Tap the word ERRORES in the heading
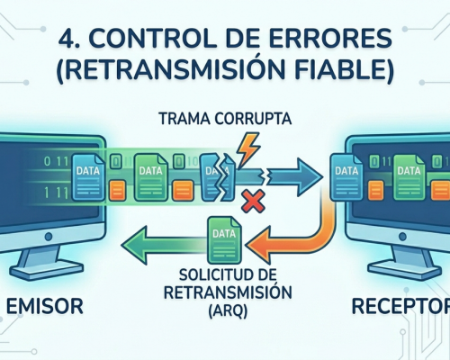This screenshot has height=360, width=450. pos(328,40)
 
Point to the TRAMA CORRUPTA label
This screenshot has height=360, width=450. pos(225,119)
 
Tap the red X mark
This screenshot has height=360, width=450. pos(254,201)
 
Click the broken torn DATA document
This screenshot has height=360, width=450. pos(218,177)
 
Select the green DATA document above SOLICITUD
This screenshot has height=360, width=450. pos(224,240)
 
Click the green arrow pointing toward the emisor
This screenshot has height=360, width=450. pos(165,245)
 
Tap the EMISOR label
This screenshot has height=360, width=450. pos(45,306)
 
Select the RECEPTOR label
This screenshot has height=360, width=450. pos(400,306)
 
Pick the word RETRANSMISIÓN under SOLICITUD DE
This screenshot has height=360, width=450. pos(228,292)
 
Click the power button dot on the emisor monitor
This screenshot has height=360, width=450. pos(49,237)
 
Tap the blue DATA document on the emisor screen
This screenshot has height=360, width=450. pos(88,177)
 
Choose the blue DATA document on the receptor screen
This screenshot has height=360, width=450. pos(346,177)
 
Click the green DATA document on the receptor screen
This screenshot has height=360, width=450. pos(409,177)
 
